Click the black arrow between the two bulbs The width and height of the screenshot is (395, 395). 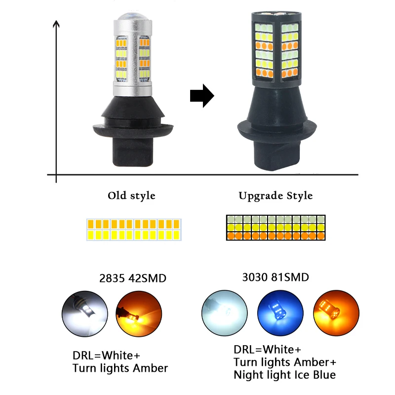[x=201, y=95]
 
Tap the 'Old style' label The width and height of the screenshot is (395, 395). [x=131, y=196]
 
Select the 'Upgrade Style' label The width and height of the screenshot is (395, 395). [x=276, y=196]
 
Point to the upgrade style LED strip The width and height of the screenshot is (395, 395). [x=275, y=227]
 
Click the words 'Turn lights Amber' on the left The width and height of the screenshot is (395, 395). [x=120, y=368]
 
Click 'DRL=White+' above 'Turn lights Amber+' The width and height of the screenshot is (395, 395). [x=267, y=350]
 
